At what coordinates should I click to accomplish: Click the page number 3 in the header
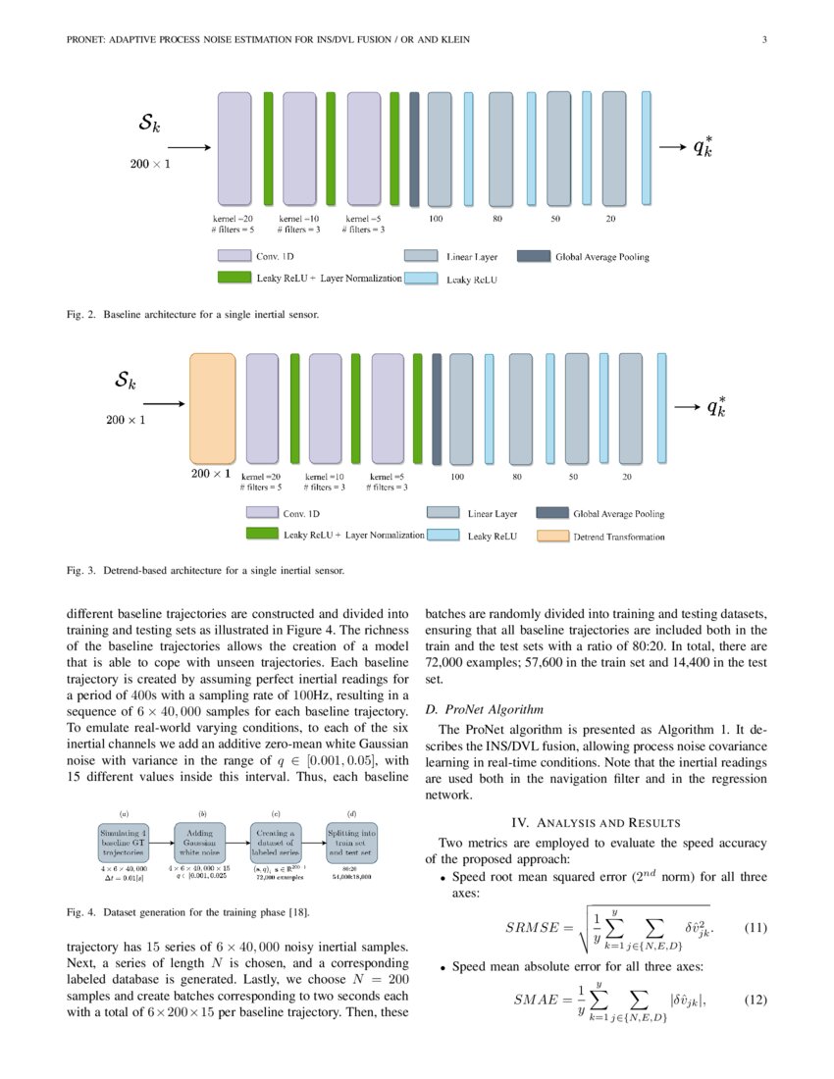(x=763, y=40)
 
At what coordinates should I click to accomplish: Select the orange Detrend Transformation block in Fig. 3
(x=212, y=408)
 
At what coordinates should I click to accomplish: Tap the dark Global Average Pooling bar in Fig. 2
(x=414, y=148)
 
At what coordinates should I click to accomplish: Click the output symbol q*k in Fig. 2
(x=704, y=147)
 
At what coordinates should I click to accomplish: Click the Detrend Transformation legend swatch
(x=554, y=537)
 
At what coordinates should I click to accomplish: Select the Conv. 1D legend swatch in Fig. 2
(x=234, y=257)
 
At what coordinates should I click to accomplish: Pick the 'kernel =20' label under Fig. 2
(x=233, y=218)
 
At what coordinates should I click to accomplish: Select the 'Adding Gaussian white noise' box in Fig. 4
(x=201, y=841)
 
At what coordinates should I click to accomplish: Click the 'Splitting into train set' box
(x=351, y=841)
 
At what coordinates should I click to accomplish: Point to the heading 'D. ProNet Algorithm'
(x=484, y=709)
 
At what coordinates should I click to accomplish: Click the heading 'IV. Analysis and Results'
(x=596, y=822)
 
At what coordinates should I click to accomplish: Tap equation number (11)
(x=755, y=927)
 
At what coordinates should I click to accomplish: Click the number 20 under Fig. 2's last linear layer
(x=610, y=218)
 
